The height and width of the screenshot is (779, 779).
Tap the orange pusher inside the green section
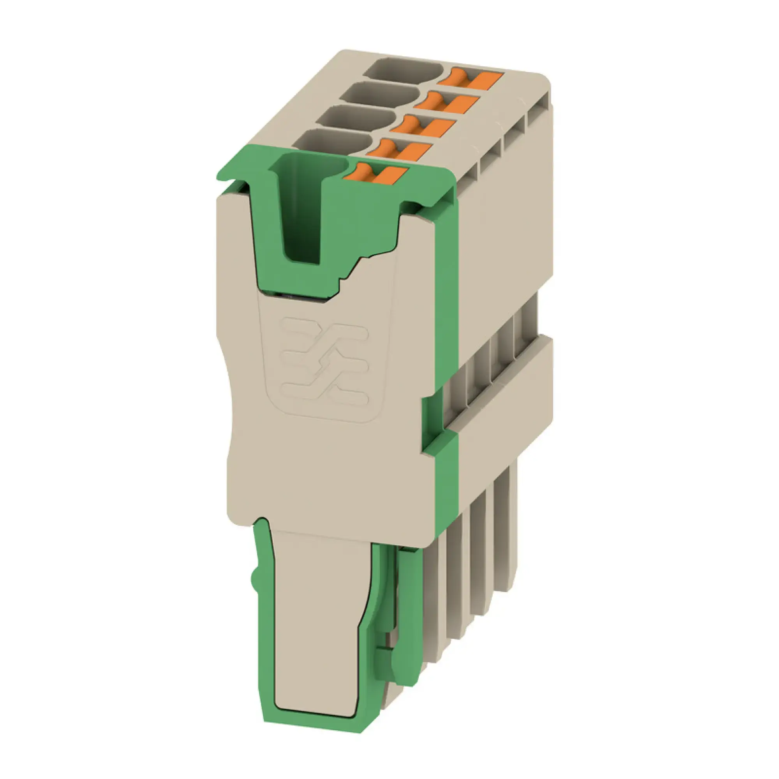pyautogui.click(x=375, y=174)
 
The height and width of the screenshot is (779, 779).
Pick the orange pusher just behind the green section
pyautogui.click(x=399, y=150)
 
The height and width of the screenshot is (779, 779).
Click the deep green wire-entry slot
pyautogui.click(x=302, y=210)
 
